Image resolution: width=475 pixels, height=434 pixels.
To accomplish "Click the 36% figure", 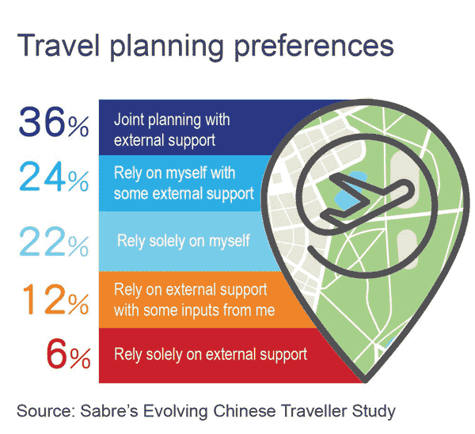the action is click(54, 122).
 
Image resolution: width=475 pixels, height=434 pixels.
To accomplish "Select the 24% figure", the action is click(54, 177).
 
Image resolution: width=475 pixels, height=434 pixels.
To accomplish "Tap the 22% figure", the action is click(54, 242).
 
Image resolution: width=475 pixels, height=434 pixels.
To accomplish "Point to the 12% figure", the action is click(55, 299).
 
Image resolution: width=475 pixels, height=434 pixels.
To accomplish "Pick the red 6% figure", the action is click(68, 354).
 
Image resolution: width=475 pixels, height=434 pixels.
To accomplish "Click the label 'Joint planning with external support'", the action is click(172, 130).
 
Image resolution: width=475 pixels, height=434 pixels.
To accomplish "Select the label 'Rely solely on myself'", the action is click(184, 242).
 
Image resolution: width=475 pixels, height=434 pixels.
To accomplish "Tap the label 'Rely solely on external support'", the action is click(211, 354).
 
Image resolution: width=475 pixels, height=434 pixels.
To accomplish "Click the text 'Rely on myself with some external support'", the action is click(184, 184).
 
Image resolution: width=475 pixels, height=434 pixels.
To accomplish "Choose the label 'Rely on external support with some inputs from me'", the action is click(195, 299).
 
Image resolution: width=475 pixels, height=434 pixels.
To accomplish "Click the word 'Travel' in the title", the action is click(58, 45).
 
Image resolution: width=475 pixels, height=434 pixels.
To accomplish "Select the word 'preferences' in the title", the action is click(313, 46).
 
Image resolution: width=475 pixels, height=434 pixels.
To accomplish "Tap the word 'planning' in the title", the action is click(167, 47).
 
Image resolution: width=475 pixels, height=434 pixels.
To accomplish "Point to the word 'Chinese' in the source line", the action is click(245, 411).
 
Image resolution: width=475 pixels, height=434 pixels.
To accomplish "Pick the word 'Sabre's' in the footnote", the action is click(109, 411).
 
